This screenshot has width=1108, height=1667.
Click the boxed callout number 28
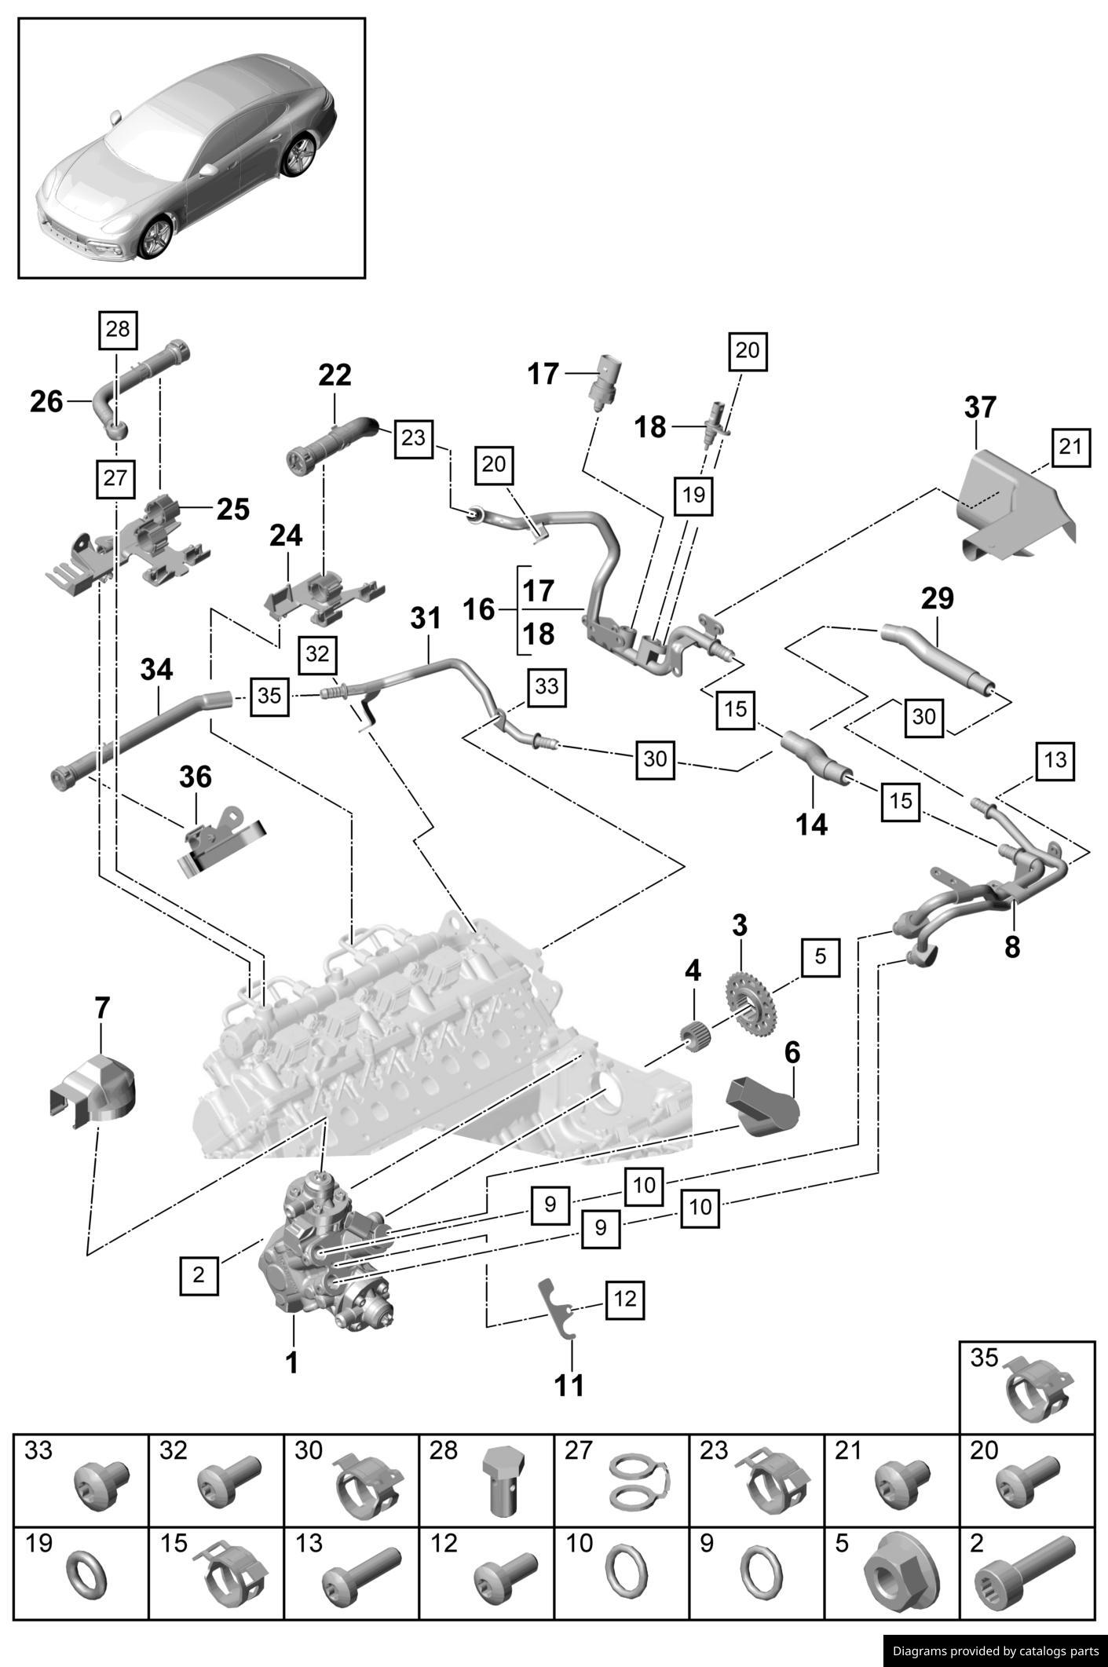coord(118,330)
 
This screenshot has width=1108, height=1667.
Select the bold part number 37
coord(980,408)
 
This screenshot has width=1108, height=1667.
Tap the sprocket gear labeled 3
coord(751,996)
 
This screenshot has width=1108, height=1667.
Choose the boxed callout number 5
coord(821,956)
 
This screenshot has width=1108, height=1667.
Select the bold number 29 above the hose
coord(938,598)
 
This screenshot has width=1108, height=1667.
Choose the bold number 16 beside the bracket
coord(479,609)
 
